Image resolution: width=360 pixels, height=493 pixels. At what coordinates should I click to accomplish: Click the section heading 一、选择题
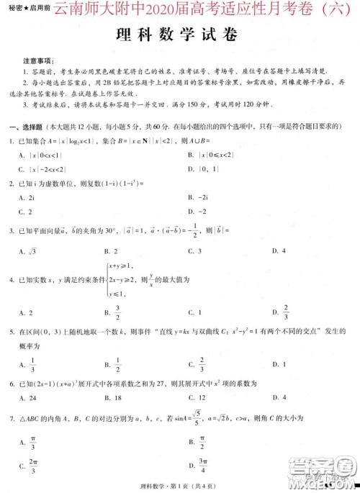pos(26,127)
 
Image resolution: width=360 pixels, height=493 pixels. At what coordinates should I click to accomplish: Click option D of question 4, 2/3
pos(282,312)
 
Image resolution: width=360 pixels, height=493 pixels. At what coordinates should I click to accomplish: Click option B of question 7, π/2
pos(196,439)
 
